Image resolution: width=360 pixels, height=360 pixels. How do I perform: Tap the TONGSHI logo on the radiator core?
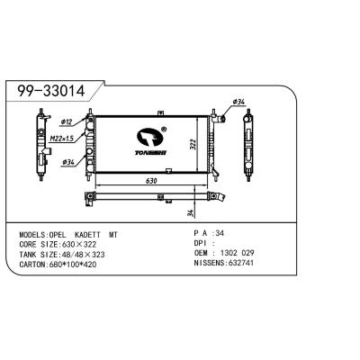point(151,140)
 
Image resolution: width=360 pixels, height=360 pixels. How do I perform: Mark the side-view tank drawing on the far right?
point(249,142)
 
